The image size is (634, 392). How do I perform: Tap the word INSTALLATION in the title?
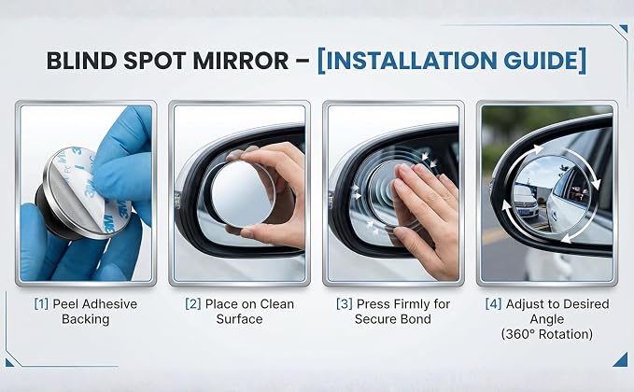[411, 61]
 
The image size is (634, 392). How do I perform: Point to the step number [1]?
[41, 304]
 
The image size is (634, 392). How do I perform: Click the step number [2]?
[193, 304]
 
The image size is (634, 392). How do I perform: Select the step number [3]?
[345, 304]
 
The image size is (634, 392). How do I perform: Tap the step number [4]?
[493, 304]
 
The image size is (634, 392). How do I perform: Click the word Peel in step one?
[64, 304]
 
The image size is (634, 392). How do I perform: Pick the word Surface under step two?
[239, 319]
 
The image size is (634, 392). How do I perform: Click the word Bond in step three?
[416, 319]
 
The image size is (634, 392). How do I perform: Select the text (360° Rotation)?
[546, 335]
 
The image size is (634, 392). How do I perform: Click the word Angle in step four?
[546, 319]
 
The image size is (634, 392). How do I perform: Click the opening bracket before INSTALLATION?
[321, 61]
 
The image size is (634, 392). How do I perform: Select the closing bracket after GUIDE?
[583, 61]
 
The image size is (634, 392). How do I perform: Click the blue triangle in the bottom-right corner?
[622, 360]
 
